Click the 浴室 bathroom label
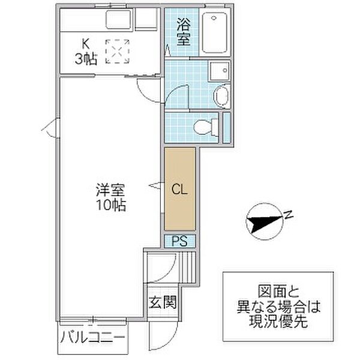pos(184,32)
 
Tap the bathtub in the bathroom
pos(214,32)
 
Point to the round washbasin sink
pos(222,95)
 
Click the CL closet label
pos(180,190)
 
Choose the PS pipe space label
pos(180,241)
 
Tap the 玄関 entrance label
pos(163,302)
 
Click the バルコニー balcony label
pos(93,338)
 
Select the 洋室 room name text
pos(110,190)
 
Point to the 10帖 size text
pos(111,205)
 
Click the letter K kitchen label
pos(86,44)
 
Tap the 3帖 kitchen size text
pos(86,59)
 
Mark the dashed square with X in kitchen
pos(118,51)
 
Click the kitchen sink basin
pos(118,19)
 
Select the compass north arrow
pos(264,221)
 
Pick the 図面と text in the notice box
pos(278,292)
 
